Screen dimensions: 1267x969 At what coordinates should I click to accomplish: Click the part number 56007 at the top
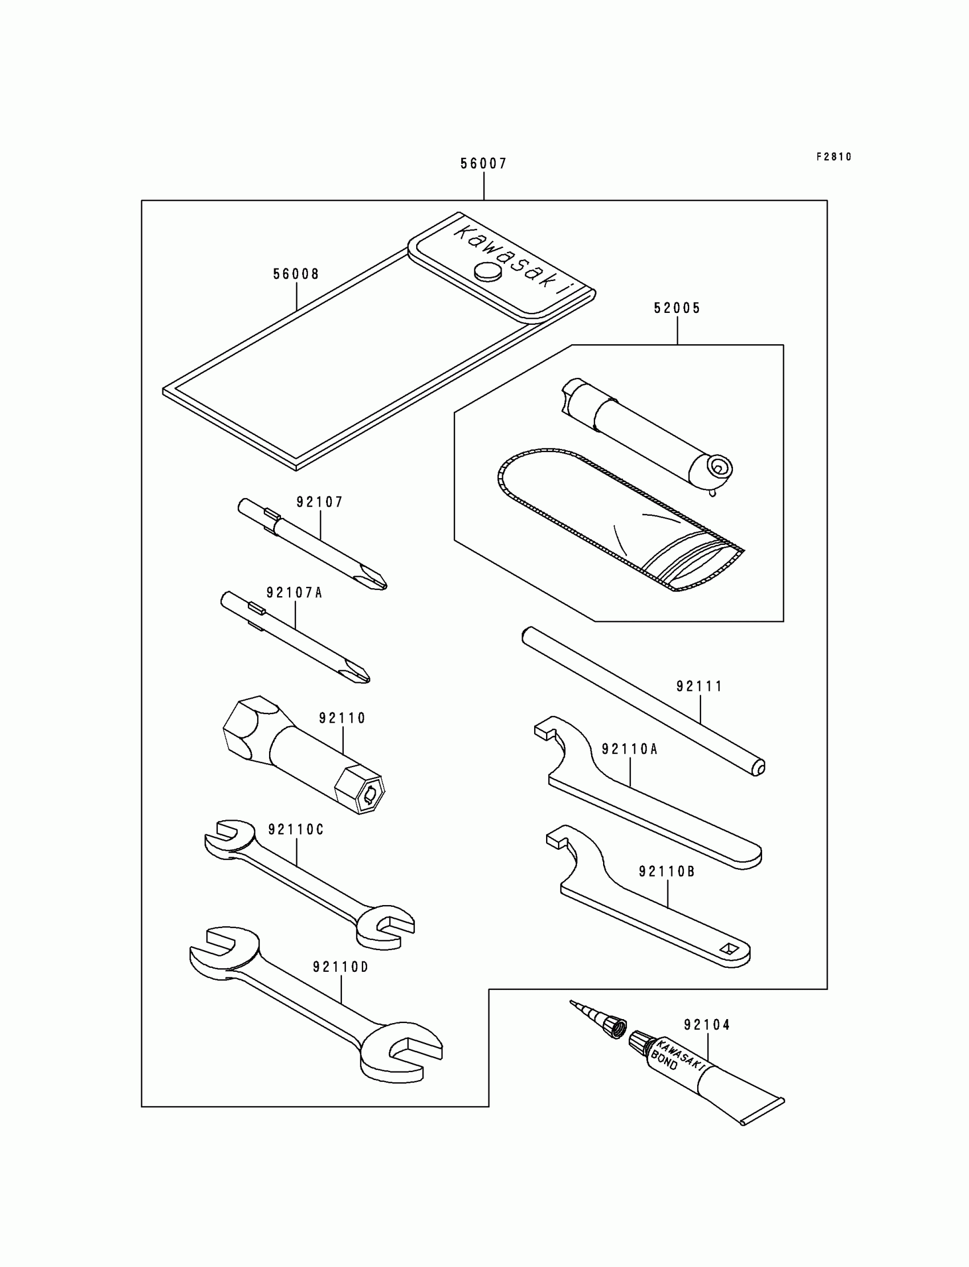coord(483,164)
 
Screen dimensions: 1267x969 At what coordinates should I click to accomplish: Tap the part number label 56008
coord(296,275)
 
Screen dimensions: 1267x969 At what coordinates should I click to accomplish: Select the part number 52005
coord(677,308)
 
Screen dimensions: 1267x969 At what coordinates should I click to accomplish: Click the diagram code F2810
coord(833,157)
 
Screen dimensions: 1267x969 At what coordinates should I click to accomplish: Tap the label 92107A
coord(294,593)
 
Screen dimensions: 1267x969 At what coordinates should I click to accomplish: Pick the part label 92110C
coord(296,830)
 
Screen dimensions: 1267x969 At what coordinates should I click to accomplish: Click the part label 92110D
coord(340,967)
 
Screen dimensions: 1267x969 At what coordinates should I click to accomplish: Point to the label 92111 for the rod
coord(699,686)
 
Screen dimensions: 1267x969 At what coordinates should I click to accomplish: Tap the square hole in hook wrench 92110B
coord(729,948)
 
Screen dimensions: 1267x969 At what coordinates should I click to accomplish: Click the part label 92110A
coord(630,749)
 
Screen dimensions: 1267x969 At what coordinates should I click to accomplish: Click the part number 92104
coord(707,1025)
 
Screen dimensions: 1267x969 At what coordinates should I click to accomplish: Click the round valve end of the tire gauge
coord(718,467)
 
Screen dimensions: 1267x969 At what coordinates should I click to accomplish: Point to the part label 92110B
coord(667,872)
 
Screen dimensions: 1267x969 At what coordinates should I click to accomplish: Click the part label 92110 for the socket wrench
coord(343,718)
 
